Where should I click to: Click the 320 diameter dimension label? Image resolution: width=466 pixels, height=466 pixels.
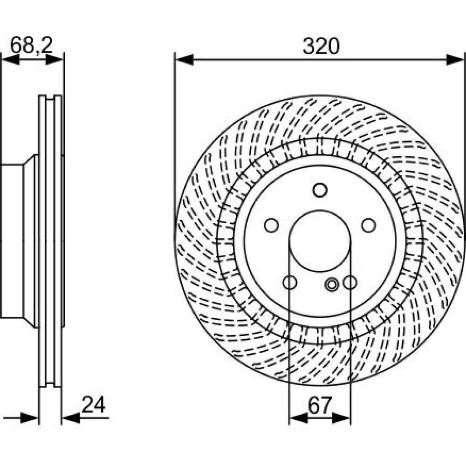click(321, 46)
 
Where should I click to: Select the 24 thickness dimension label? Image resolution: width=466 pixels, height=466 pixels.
click(93, 404)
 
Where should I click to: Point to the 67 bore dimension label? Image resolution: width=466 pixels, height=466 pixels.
click(320, 405)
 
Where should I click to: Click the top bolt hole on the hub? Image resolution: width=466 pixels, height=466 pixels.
click(320, 190)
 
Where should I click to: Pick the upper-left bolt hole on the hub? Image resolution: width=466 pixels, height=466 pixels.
click(271, 225)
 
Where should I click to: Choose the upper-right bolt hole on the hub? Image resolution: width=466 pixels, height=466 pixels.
click(369, 225)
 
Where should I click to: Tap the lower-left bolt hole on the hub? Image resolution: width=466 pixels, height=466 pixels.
click(289, 282)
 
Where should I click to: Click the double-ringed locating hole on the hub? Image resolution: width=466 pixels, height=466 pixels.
click(332, 284)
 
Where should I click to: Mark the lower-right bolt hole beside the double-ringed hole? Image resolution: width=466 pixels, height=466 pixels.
click(350, 282)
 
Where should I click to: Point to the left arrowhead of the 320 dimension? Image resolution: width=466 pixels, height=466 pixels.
click(184, 60)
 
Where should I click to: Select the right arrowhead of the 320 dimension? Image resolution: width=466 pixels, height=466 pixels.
click(455, 60)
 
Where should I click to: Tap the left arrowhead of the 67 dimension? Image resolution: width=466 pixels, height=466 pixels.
click(298, 418)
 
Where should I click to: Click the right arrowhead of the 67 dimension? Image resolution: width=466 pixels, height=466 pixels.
click(342, 418)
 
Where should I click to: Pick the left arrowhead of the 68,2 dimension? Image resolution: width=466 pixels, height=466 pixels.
click(11, 60)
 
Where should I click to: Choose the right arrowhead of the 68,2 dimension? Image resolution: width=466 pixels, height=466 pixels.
click(54, 60)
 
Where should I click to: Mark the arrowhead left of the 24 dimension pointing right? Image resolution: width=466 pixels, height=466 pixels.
click(29, 418)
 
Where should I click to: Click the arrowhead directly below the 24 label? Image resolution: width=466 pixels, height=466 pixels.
click(71, 418)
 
